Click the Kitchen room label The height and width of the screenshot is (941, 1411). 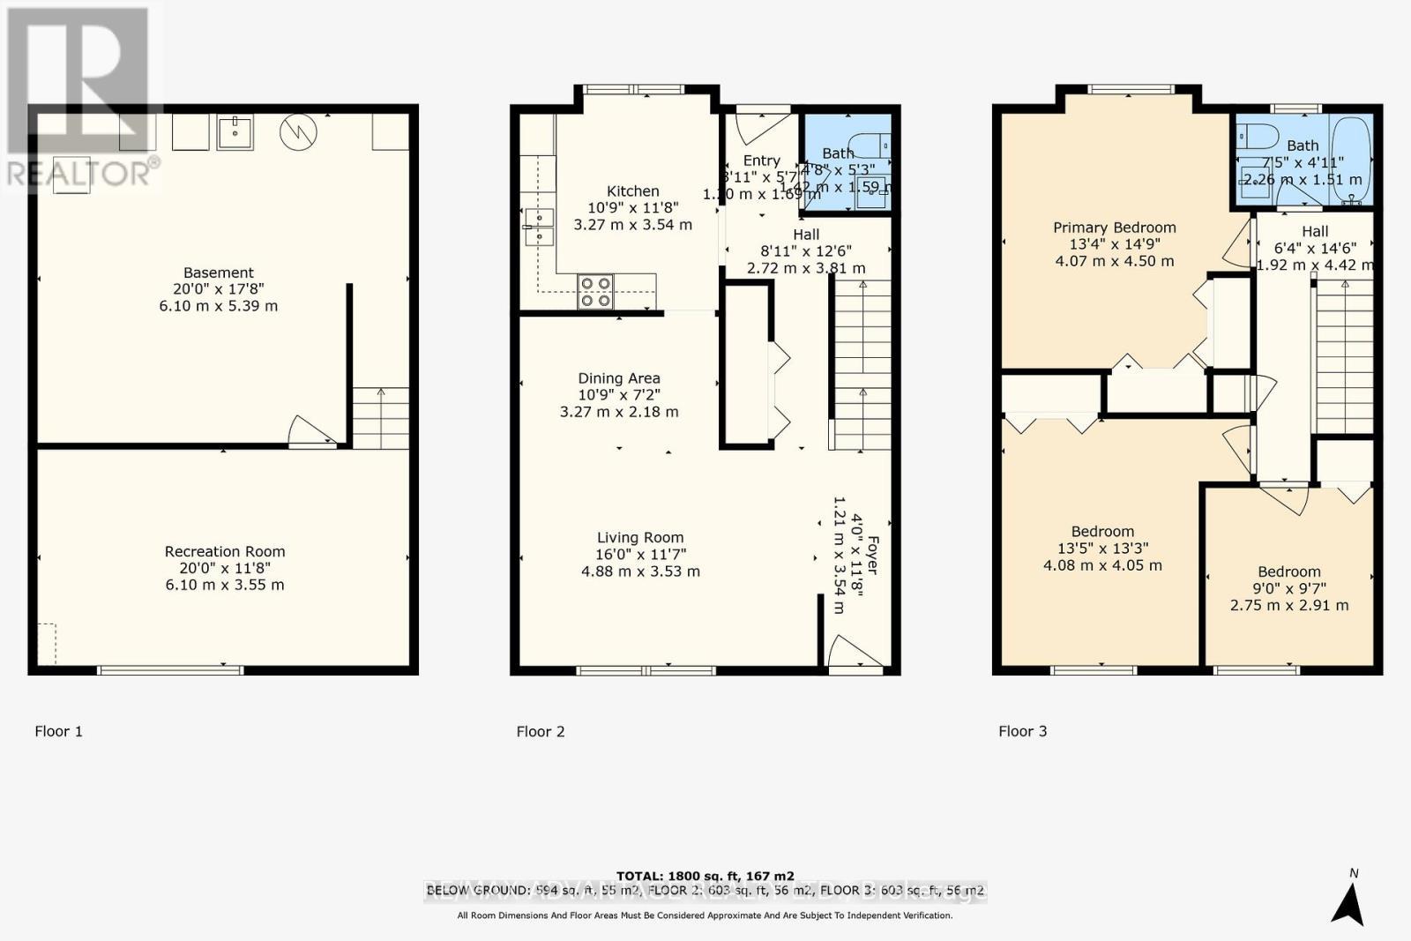click(x=632, y=191)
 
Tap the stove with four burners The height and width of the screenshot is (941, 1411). click(x=595, y=292)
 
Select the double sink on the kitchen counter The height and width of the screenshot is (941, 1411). click(x=538, y=227)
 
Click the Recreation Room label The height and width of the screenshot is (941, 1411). click(x=225, y=551)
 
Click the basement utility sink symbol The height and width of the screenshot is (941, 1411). click(x=235, y=132)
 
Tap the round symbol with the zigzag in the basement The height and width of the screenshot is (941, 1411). click(x=298, y=132)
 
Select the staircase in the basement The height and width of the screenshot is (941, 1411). click(x=381, y=418)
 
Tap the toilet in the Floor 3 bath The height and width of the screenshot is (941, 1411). click(x=1258, y=136)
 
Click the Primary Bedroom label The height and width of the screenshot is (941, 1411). click(x=1115, y=228)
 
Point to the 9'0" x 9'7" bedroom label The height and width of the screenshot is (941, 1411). click(x=1288, y=588)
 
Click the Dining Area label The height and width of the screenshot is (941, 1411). click(x=618, y=378)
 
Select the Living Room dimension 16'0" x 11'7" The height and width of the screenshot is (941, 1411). click(x=640, y=555)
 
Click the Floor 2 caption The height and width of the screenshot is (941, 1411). click(x=540, y=731)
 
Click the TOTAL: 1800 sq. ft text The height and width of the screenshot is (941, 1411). click(x=705, y=876)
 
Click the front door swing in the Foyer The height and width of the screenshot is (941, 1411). click(x=854, y=653)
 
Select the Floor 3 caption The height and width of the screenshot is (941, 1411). click(x=1022, y=731)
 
